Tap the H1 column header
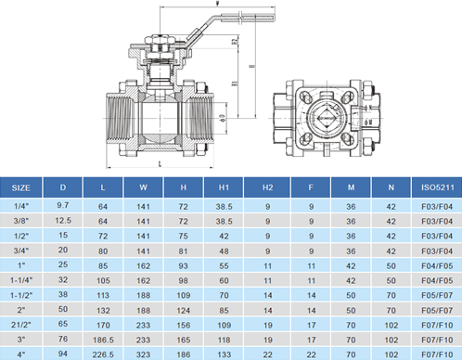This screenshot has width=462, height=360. (224, 187)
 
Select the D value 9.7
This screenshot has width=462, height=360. (63, 203)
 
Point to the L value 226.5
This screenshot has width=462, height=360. (103, 353)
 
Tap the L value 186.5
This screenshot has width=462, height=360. (103, 340)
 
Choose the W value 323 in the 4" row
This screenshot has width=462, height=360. (143, 353)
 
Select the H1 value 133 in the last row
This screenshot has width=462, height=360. (224, 353)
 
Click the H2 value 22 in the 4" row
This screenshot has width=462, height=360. (268, 353)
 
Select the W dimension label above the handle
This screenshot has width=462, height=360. (185, 5)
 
